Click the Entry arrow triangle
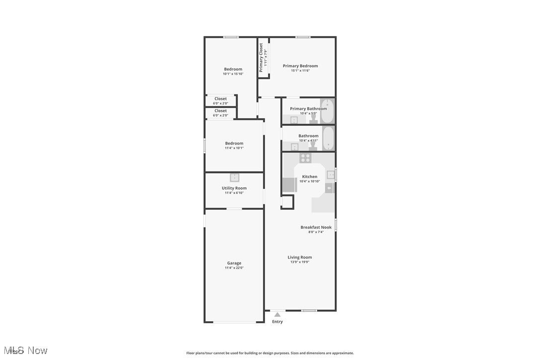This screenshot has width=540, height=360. point(277,314)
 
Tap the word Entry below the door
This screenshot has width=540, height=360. point(277,322)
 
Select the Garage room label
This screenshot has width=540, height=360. point(234,263)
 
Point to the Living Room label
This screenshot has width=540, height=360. point(300,257)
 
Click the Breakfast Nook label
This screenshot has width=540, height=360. point(316,227)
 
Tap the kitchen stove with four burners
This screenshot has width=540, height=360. point(305,158)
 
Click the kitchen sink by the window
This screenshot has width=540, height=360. point(330,175)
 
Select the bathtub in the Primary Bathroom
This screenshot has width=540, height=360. point(327,111)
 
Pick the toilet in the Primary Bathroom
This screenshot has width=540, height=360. point(313,118)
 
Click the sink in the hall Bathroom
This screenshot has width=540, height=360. point(294,147)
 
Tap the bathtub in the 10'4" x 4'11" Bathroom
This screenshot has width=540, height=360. point(328,138)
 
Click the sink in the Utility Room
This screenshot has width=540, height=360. point(235,178)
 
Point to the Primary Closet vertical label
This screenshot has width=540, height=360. point(261,58)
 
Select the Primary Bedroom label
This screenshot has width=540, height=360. point(300,66)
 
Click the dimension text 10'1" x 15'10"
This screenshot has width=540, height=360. point(233,74)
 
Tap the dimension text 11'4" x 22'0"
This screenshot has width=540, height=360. point(234,268)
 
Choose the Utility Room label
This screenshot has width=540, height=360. point(234,188)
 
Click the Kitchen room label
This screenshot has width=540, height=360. point(310,177)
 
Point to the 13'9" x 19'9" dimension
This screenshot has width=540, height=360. point(300,262)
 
